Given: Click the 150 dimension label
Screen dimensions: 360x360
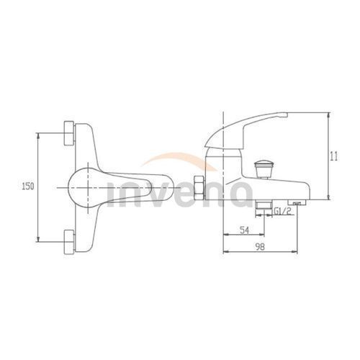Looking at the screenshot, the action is coord(28,186).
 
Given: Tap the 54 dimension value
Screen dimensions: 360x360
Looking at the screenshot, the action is coord(244,230).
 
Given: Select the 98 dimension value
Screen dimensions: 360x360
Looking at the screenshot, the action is coord(260,247).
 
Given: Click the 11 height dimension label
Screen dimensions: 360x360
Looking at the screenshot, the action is coord(334,156).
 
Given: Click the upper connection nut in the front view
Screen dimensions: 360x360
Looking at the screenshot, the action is coord(69,133).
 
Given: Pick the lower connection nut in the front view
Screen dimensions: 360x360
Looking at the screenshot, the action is coord(69,242).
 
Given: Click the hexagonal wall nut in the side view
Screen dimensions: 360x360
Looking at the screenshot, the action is coord(199,188).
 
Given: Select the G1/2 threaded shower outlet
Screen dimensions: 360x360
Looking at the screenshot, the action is coord(264,205).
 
